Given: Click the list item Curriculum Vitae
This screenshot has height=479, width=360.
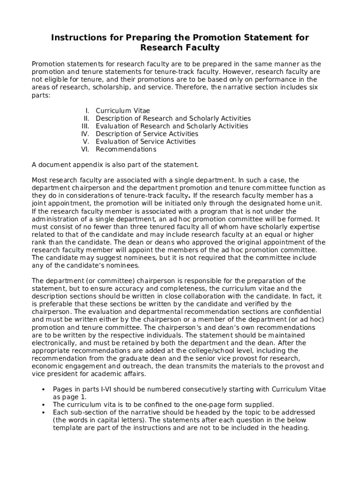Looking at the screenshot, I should point(122,111).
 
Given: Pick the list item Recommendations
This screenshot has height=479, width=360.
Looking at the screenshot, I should point(126,149).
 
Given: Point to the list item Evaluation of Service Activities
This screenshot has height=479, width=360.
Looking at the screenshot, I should point(145,142).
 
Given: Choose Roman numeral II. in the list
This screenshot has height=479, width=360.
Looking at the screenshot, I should point(86,118).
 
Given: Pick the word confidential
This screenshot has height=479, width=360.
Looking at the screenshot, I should point(302,312).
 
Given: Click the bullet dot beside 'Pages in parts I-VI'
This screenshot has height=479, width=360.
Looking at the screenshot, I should point(43,389).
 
